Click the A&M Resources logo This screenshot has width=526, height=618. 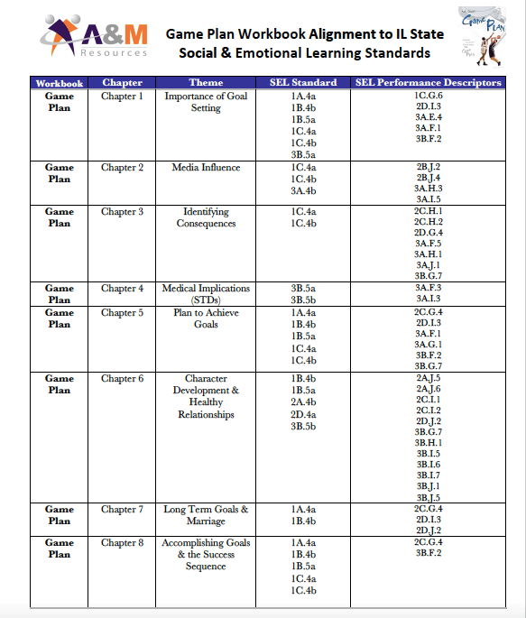coord(94,40)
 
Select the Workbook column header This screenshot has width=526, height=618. coord(59,83)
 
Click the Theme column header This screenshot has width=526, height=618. coord(206,83)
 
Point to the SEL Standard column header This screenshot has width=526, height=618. coord(303,83)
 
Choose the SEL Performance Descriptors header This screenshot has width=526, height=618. coord(429,83)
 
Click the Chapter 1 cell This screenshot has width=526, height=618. coord(122,96)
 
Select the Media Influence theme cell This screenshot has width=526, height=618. coord(206,167)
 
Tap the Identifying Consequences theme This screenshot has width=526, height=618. coord(206,217)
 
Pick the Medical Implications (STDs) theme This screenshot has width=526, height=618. coord(206,294)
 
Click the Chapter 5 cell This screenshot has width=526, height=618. coord(122,313)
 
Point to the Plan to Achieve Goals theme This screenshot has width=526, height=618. coord(206,318)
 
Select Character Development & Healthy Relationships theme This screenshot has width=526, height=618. coord(206,397)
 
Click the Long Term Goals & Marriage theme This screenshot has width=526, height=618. coord(206,515)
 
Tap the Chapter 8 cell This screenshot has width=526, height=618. coord(122,543)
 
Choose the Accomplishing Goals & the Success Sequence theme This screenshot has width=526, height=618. coord(206,555)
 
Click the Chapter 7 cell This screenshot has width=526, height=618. coord(122,510)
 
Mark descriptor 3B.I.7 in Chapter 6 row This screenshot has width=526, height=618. coord(429,475)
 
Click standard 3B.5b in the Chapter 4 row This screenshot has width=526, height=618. coord(303,300)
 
